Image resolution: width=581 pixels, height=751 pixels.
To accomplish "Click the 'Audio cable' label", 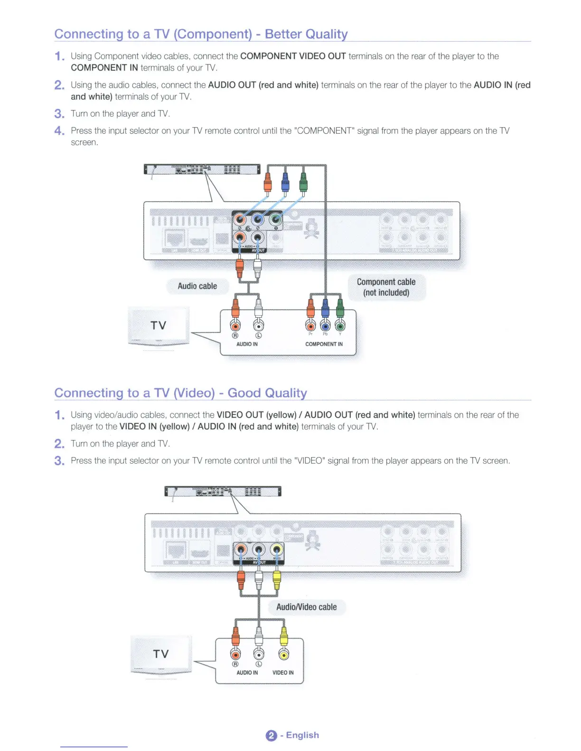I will point(197,286).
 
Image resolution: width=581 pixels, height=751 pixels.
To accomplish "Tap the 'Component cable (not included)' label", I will point(386,287).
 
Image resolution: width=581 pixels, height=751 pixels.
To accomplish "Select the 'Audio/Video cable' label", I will point(306,607).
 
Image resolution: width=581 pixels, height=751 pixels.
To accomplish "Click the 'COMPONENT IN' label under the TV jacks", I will point(324,344).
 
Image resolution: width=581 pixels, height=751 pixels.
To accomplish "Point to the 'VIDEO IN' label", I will point(283,673).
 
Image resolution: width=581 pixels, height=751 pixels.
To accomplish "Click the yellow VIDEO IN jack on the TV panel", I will point(283,655).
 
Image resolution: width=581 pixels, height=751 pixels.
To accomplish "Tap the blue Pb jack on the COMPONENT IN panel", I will point(325,326).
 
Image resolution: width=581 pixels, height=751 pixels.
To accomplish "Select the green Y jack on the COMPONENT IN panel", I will point(340,326).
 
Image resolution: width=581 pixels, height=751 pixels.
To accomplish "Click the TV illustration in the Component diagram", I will point(159,326).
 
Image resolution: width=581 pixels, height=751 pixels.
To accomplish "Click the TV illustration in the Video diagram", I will point(161,654).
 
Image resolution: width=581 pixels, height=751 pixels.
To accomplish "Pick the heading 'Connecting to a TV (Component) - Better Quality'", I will point(201,34).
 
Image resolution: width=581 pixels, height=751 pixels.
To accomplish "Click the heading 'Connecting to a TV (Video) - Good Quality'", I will point(180,393).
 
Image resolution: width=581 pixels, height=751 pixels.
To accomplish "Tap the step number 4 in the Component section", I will point(59,131).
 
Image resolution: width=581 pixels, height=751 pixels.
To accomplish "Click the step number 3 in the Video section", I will point(59,461).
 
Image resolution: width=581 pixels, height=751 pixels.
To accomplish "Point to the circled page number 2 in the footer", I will point(271,735).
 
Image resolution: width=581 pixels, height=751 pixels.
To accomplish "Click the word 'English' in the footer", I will point(302,735).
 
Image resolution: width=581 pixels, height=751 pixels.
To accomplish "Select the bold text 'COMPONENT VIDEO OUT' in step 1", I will point(293,56).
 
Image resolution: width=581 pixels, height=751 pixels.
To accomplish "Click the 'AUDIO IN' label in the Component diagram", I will point(247,344).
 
